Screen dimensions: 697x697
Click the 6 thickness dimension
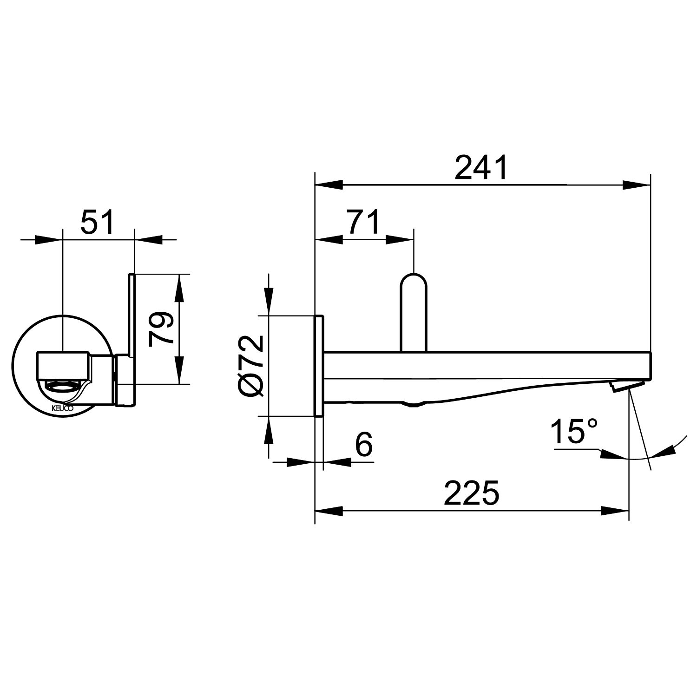(x=364, y=445)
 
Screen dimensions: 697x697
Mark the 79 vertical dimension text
(x=161, y=329)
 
